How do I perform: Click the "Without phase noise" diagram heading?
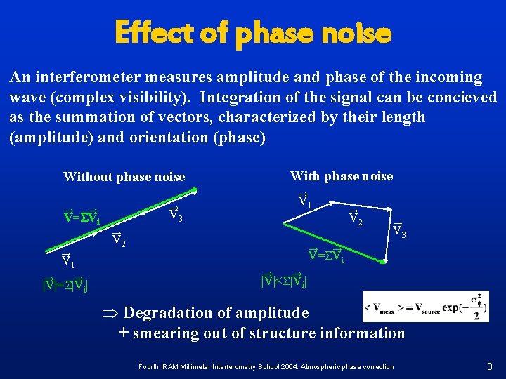click(x=124, y=177)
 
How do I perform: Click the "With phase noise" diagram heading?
click(x=342, y=176)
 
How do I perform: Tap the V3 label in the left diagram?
click(x=176, y=215)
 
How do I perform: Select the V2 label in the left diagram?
click(x=119, y=240)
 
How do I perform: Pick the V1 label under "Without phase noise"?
click(x=67, y=260)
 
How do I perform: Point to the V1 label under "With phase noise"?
click(x=304, y=200)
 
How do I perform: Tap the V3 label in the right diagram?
click(x=398, y=228)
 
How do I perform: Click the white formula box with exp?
click(x=425, y=307)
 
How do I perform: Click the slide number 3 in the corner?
click(x=490, y=366)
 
